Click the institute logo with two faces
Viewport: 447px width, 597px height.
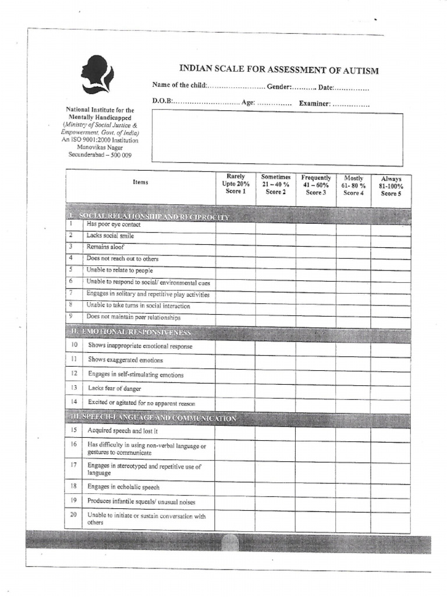point(97,74)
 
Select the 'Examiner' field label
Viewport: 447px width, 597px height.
point(315,104)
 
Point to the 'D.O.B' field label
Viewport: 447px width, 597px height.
point(162,101)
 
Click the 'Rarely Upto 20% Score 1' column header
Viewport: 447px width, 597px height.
point(235,184)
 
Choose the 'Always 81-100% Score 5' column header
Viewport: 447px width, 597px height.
point(391,187)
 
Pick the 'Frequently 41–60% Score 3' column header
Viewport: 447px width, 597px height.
point(315,185)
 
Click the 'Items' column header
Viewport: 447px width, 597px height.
point(140,182)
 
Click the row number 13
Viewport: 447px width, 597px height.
point(74,388)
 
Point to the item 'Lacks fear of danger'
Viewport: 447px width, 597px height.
point(115,388)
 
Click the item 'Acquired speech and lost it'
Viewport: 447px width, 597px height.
point(122,431)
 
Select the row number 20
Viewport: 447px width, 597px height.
point(74,515)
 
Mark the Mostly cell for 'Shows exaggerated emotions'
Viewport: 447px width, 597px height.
point(353,361)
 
